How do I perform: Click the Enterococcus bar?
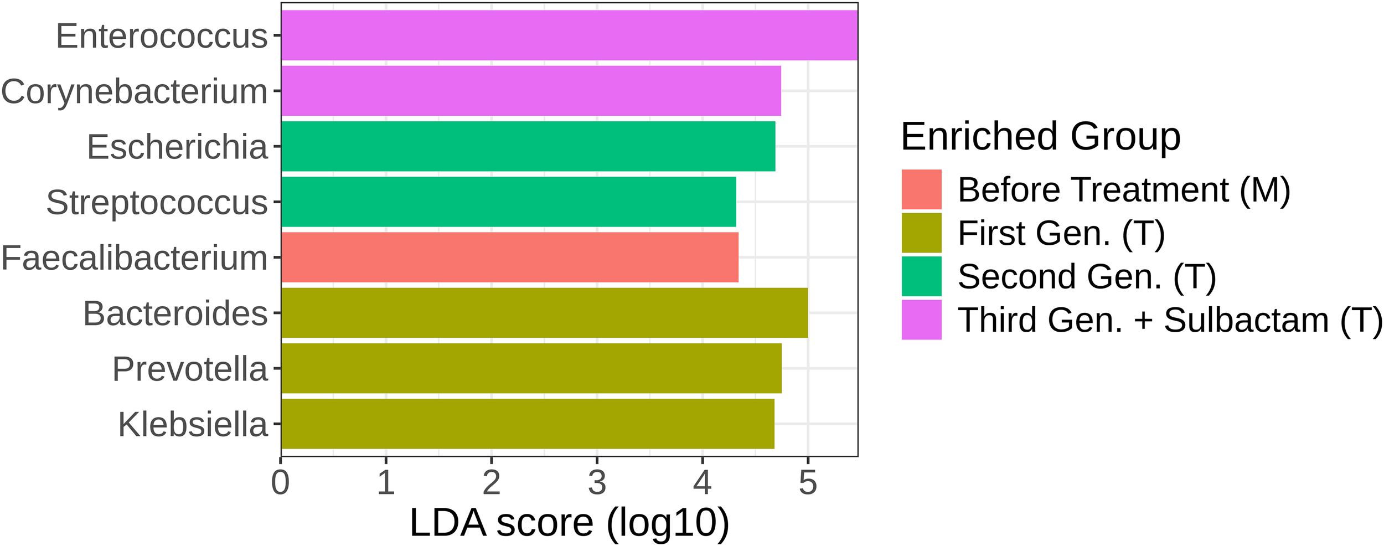(569, 35)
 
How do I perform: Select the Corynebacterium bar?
(531, 91)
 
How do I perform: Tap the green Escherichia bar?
(528, 146)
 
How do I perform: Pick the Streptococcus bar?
(508, 202)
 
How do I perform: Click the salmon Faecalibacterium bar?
(509, 257)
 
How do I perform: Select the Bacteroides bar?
(544, 312)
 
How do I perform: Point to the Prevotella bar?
(531, 368)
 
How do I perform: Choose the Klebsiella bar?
(528, 424)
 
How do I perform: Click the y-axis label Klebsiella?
(193, 425)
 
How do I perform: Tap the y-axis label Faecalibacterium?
(134, 258)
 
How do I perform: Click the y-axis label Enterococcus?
(162, 37)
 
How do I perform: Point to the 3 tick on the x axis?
(597, 482)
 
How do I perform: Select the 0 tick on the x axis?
(281, 482)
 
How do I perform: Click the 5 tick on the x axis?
(808, 482)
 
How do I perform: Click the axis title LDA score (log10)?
(569, 522)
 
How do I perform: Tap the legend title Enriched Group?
(1040, 136)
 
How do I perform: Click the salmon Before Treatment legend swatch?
(921, 189)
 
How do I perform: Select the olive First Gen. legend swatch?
(921, 233)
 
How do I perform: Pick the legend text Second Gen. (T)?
(1087, 276)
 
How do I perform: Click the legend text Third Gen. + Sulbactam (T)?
(1170, 320)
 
